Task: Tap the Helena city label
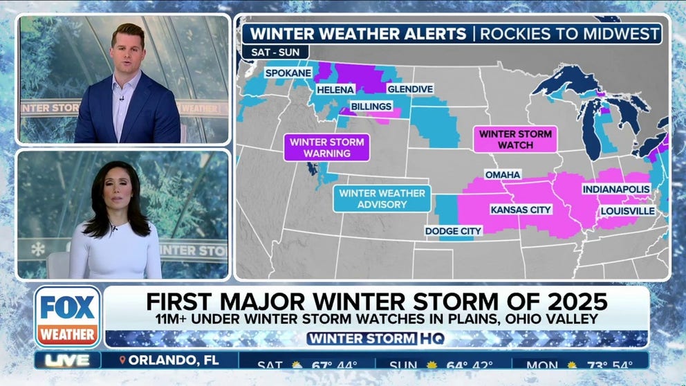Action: tap(335, 90)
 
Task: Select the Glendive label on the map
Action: tap(410, 89)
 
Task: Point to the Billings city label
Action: tap(371, 107)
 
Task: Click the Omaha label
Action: tap(503, 174)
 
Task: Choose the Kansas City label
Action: tap(521, 209)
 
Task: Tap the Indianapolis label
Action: tap(616, 189)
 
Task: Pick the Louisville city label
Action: tap(627, 210)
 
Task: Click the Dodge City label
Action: tap(453, 230)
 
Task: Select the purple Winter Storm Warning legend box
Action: tap(326, 147)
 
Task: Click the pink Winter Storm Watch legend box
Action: tap(515, 139)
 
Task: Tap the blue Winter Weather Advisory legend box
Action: tap(382, 199)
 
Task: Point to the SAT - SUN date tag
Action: tap(275, 52)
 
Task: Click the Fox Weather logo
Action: tap(68, 317)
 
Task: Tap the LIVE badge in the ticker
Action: tap(66, 360)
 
